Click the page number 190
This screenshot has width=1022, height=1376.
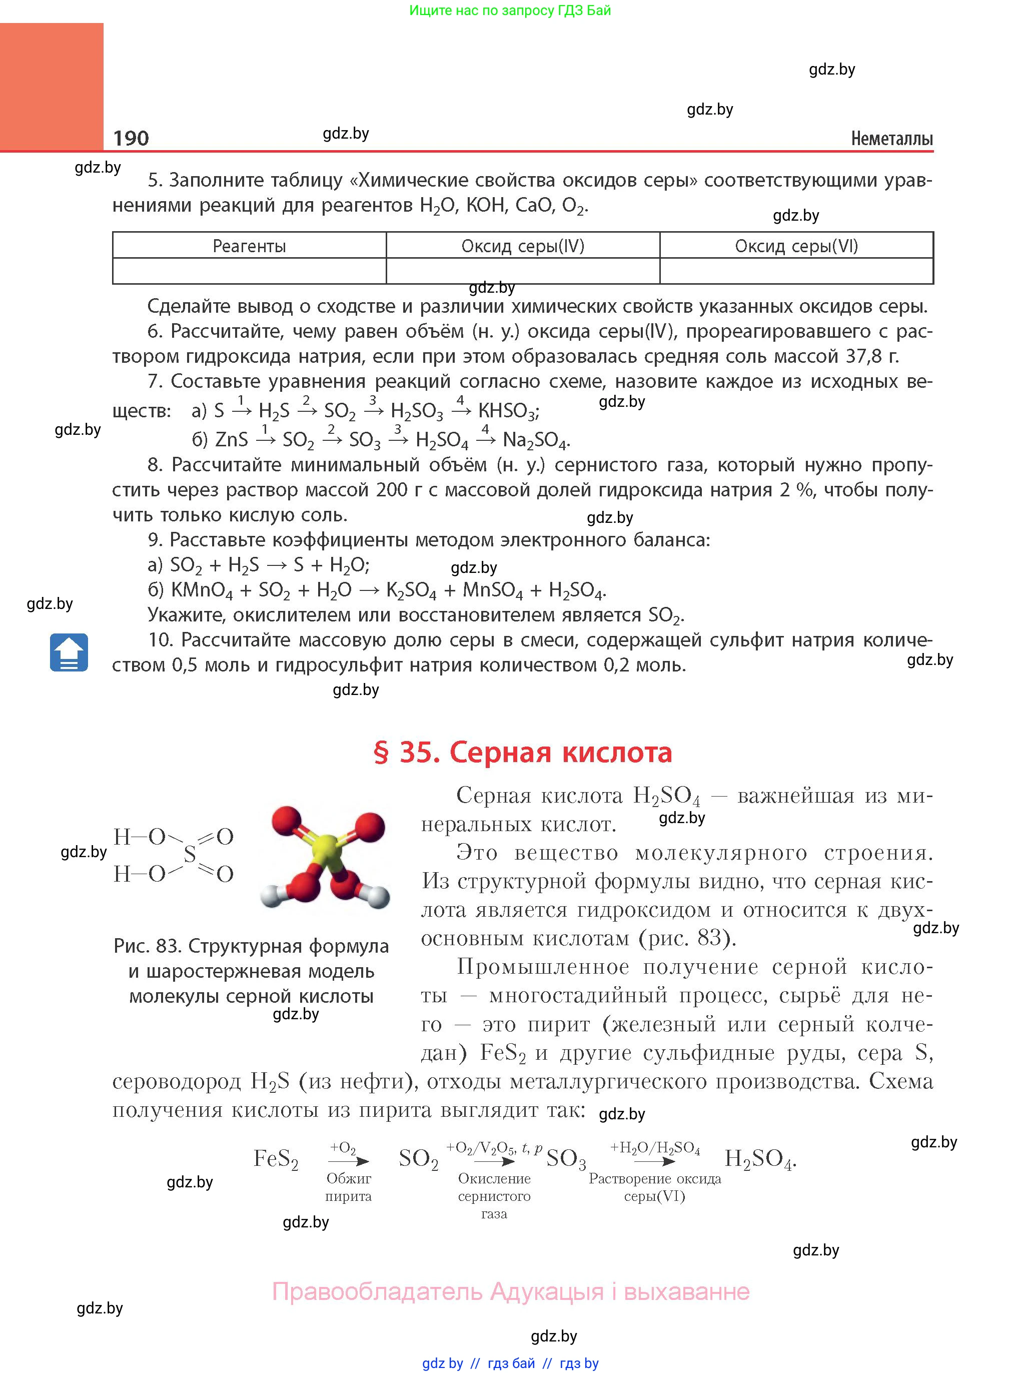click(x=131, y=138)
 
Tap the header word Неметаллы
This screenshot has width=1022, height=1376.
click(x=891, y=139)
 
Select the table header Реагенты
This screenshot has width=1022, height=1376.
click(x=249, y=246)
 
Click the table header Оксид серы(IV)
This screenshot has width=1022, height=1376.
click(x=523, y=246)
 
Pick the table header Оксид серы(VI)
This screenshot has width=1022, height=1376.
click(x=796, y=246)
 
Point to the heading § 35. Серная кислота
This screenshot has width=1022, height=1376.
click(x=523, y=753)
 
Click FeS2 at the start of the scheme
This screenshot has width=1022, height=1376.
click(x=276, y=1159)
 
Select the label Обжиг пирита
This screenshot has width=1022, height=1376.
click(x=348, y=1187)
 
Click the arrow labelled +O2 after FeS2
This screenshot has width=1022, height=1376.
click(x=349, y=1161)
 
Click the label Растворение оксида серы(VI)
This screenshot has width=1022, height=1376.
click(x=654, y=1187)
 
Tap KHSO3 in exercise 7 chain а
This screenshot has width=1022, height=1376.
click(x=507, y=411)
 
